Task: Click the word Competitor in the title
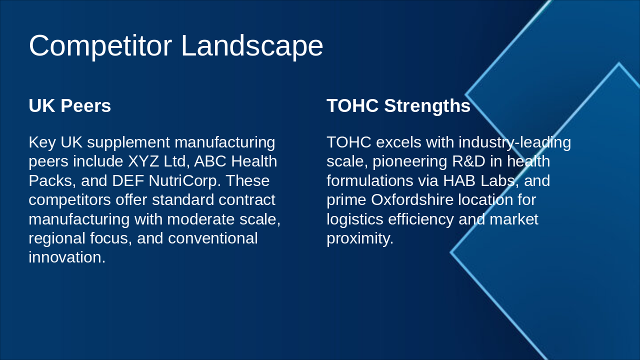[100, 46]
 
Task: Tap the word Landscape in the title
[252, 45]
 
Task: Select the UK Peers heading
[69, 105]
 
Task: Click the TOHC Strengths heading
[398, 105]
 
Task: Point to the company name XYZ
[143, 161]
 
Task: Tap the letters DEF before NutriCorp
[128, 181]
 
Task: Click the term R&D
[469, 161]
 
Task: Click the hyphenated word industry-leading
[515, 142]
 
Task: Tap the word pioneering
[410, 162]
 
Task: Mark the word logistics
[355, 219]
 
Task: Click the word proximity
[360, 239]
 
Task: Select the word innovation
[67, 257]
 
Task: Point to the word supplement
[128, 143]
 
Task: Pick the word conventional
[213, 238]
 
